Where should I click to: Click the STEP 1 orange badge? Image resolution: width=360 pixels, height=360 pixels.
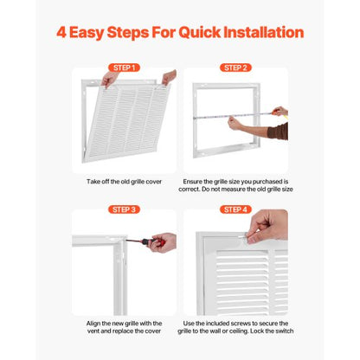tap(124, 67)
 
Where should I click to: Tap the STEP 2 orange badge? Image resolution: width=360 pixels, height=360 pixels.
tap(235, 67)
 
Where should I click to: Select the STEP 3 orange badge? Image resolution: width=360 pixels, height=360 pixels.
tap(124, 209)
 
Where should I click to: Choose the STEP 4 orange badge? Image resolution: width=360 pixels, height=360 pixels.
tap(235, 209)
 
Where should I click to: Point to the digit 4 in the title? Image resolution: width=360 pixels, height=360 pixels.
tap(61, 32)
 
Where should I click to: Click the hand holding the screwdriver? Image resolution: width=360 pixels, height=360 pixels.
tap(163, 242)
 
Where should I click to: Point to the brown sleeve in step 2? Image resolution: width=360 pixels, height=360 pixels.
tap(278, 132)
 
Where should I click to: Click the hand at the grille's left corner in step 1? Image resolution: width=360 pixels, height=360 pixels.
tap(109, 79)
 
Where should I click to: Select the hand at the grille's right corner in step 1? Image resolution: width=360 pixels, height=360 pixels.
tap(169, 77)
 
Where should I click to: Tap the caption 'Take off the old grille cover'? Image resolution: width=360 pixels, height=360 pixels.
tap(124, 182)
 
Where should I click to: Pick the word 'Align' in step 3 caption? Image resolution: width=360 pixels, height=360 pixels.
tap(93, 324)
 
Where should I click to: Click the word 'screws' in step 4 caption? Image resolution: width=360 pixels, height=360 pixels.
tap(250, 324)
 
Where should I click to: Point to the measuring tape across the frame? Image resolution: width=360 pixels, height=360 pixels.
tap(232, 116)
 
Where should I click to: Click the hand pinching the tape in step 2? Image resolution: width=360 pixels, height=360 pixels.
tap(235, 123)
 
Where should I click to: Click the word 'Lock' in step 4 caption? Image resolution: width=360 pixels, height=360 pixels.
tap(256, 331)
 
